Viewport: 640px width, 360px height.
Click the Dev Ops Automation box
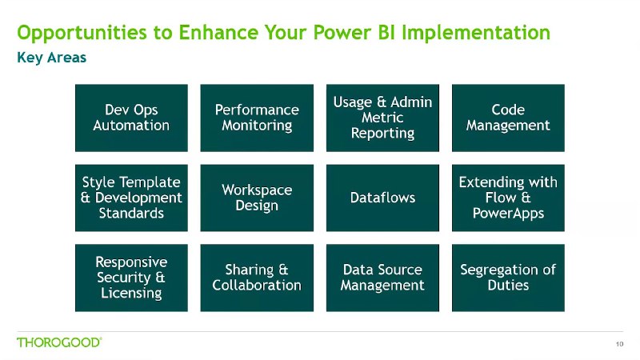pos(131,118)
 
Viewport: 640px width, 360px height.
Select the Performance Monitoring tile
pos(257,118)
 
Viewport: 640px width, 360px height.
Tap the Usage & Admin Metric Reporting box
pos(382,118)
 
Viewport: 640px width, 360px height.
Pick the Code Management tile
pos(508,118)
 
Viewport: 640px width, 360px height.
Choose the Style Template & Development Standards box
pos(131,198)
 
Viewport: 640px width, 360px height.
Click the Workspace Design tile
pos(257,198)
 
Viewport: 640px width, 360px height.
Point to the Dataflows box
pos(382,198)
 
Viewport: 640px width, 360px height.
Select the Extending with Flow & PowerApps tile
pos(508,198)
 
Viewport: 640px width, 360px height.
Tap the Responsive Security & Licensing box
pos(131,278)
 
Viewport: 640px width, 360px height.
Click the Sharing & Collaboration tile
pos(257,278)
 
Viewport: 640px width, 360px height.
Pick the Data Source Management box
pos(382,278)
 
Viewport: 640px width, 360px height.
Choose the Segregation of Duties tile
pos(508,278)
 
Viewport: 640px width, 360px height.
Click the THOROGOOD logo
pos(59,342)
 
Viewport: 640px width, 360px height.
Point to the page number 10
pos(619,344)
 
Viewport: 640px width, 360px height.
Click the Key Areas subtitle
pos(51,58)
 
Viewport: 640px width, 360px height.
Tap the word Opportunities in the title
pos(82,33)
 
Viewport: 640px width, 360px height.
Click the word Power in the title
pos(342,32)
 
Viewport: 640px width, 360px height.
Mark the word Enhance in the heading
pos(218,32)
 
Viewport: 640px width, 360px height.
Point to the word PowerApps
pos(508,214)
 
